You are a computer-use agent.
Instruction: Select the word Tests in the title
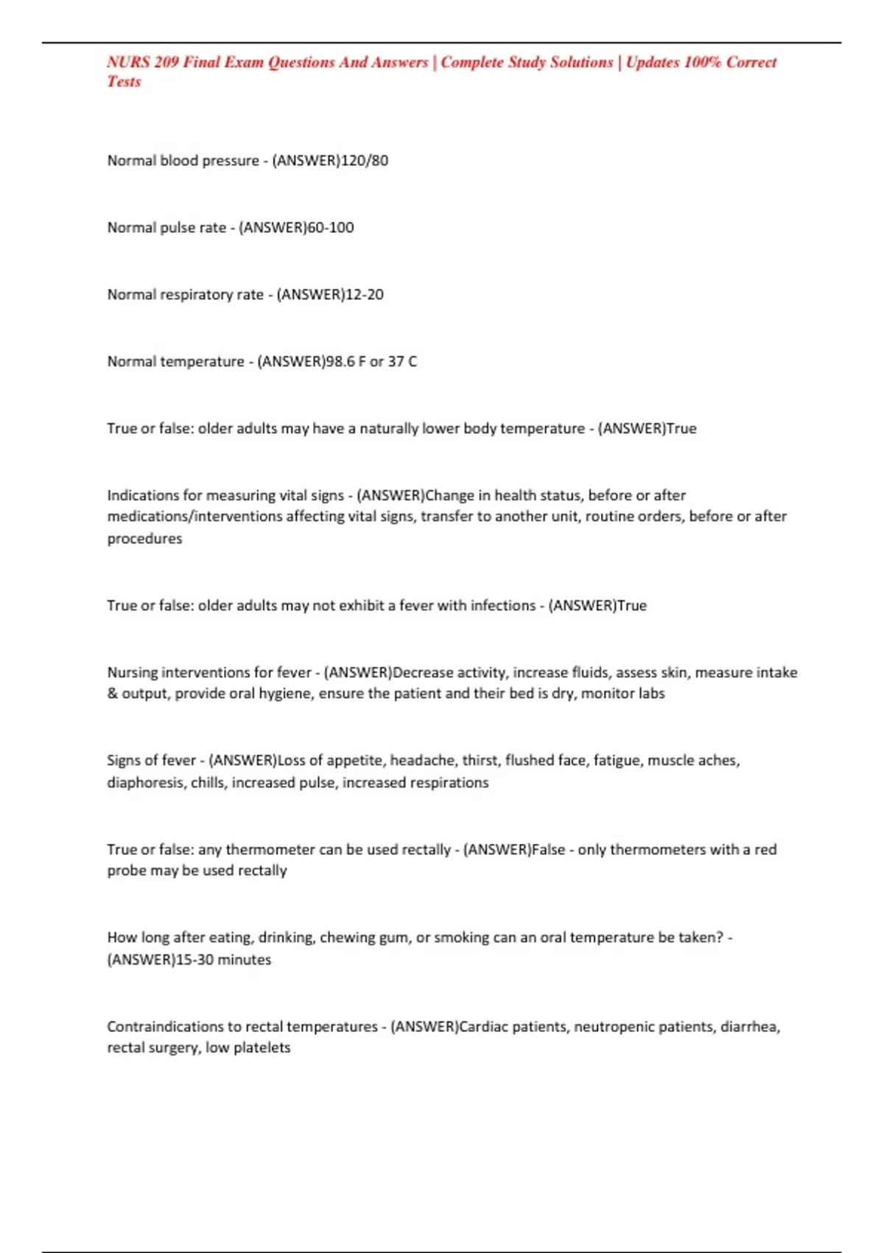point(124,82)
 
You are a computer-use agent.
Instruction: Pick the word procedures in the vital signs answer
point(144,539)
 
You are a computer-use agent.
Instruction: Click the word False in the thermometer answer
point(548,850)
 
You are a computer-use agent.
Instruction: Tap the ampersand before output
point(113,694)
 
